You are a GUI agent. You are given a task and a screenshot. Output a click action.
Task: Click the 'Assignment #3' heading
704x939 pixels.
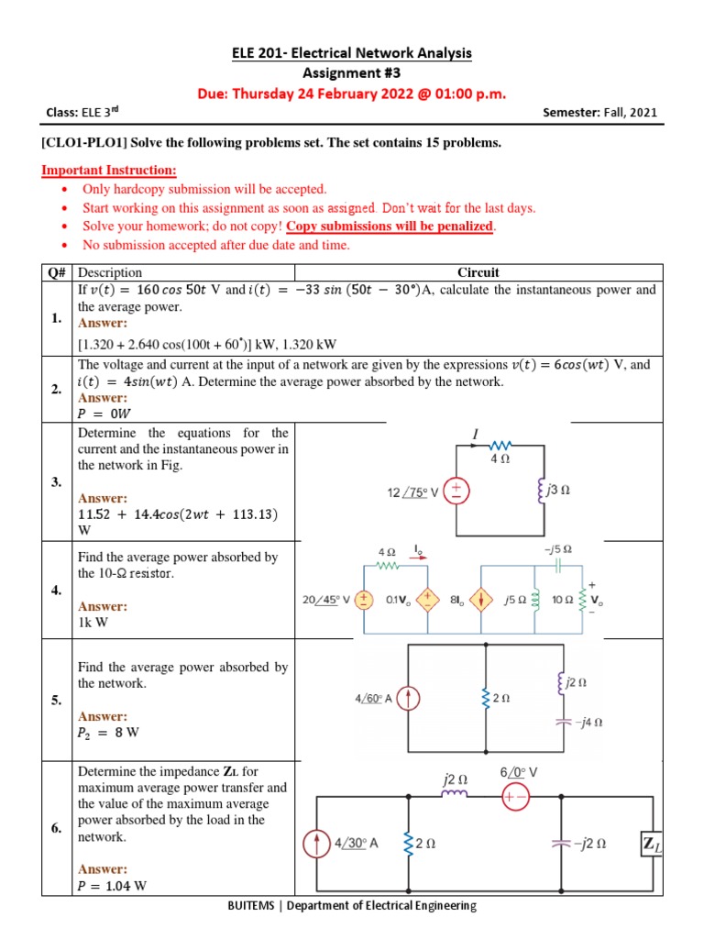pos(352,73)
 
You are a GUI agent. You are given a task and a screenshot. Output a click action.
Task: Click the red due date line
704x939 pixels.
pos(352,93)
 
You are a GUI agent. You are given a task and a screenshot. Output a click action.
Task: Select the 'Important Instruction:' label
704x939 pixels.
pos(110,171)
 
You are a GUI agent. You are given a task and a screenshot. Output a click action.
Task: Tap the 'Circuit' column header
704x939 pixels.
pos(478,272)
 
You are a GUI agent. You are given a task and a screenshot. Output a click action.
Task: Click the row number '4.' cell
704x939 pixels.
pos(57,591)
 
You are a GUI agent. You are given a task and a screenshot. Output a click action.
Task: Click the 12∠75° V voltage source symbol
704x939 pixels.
pos(457,492)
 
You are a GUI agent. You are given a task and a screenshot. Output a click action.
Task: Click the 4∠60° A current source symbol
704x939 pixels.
pos(408,699)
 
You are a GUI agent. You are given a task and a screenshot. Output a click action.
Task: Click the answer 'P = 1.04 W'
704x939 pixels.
pos(113,886)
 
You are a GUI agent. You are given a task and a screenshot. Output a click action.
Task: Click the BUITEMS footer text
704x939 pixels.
pos(352,906)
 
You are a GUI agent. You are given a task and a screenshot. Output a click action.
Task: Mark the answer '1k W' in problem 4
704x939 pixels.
pos(92,622)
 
